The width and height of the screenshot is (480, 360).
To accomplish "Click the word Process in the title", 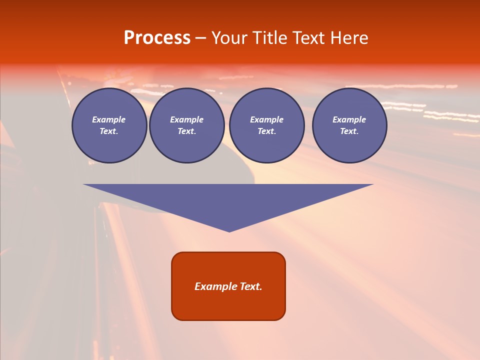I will coord(157,38).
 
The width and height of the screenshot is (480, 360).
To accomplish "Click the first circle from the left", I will coord(109,125).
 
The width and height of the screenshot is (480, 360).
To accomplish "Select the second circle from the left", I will coord(187,125).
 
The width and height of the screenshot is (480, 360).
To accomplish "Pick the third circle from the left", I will coord(266,125).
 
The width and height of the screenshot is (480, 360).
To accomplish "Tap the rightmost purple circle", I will coord(349,125).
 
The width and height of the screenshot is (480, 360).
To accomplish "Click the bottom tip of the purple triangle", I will coord(229,231).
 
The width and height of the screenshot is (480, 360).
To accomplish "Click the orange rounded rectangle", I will coord(228,305).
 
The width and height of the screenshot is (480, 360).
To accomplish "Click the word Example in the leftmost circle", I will coord(109,119).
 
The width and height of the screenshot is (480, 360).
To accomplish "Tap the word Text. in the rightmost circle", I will coord(349,131).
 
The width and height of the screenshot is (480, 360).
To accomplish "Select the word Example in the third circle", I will coord(266,119).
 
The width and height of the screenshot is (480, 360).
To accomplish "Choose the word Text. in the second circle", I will coord(187,131).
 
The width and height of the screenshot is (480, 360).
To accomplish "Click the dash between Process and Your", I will coord(200,38).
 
